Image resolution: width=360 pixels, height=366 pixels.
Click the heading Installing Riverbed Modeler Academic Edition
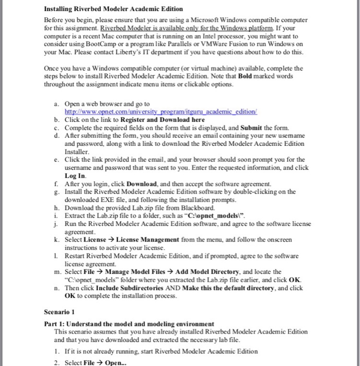[x=113, y=9]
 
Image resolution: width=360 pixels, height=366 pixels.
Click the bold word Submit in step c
[x=254, y=127]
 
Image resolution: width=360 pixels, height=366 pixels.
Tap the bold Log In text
[x=74, y=176]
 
